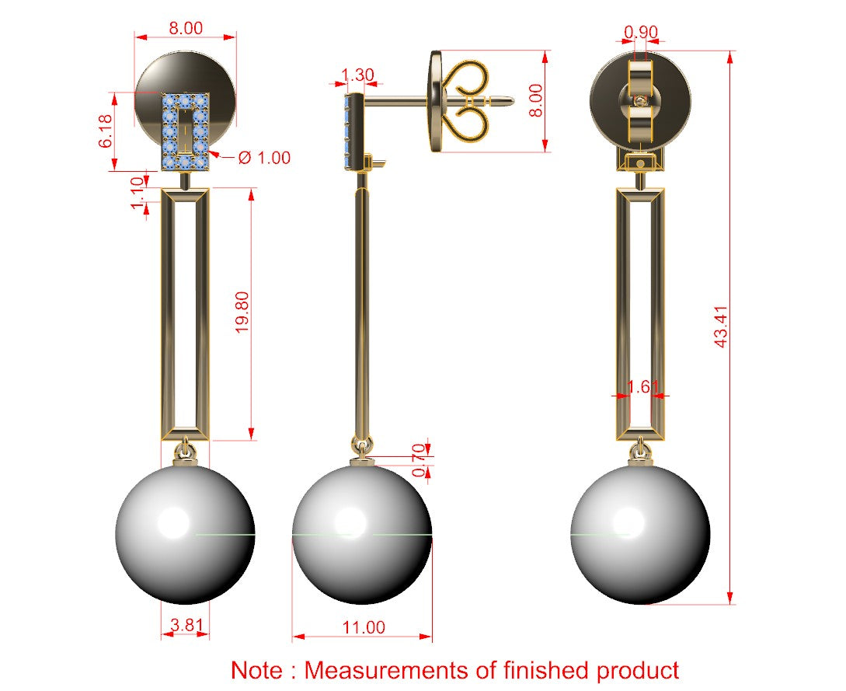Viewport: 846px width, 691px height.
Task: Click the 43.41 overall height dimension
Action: pos(722,326)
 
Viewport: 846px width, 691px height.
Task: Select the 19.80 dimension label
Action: pos(243,312)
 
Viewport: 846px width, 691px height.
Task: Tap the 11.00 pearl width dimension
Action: pos(364,627)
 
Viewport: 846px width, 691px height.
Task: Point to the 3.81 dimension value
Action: pos(186,625)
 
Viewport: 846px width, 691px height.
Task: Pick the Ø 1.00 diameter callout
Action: pos(264,158)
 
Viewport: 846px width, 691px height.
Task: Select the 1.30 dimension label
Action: pos(357,75)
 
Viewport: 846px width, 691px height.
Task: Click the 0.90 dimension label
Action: pos(641,33)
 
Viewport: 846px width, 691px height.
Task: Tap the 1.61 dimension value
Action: pos(642,386)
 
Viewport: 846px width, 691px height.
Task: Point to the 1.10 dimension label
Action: pos(138,193)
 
